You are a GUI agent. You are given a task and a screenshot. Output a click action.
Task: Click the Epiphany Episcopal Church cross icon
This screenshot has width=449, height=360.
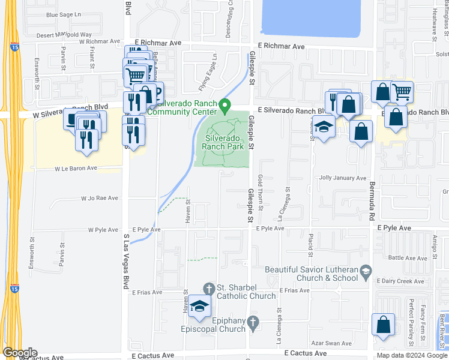pos(253,323)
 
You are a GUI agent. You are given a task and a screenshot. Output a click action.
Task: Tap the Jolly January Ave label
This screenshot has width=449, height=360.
pos(342,178)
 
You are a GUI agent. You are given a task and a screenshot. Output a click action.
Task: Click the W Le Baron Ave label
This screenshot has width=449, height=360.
pos(76,169)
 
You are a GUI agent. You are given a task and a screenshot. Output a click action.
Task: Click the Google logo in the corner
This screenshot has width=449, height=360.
pos(19,353)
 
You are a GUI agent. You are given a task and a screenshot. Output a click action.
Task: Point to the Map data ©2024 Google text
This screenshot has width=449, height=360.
pos(412,355)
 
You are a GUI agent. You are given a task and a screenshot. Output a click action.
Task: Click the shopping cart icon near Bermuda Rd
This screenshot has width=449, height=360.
pos(402,92)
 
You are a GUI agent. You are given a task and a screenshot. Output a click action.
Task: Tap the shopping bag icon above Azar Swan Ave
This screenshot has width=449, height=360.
pos(383,325)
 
